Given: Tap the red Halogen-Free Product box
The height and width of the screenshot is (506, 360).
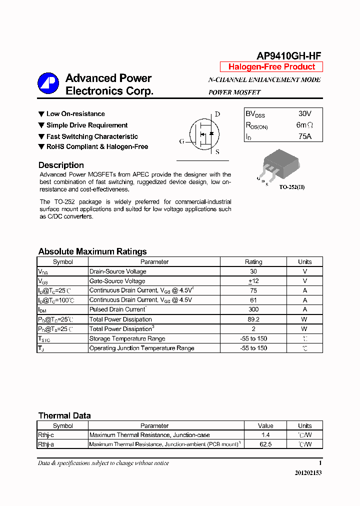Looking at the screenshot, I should tap(271, 67).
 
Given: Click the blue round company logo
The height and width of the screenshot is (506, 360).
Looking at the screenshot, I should tap(48, 84).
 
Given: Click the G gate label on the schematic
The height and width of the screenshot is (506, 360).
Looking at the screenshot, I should tap(181, 141).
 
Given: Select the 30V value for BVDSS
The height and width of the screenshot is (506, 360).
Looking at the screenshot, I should tap(304, 114).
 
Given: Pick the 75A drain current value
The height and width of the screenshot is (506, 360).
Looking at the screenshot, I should tap(304, 136).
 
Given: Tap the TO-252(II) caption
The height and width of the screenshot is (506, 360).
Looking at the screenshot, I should tap(291, 187).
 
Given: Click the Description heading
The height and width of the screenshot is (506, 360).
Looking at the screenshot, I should tap(61, 165).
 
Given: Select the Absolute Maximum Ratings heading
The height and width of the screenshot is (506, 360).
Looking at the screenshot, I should tap(92, 251).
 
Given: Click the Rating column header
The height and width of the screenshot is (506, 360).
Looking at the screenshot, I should tap(253, 262).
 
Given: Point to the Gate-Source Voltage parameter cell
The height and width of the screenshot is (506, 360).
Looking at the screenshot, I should tap(117, 281).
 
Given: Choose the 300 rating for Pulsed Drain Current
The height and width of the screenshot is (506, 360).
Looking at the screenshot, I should tap(253, 309).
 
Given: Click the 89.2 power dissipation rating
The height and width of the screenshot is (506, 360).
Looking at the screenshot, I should tap(253, 319).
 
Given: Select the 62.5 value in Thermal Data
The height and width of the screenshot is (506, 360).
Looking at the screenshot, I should tap(265, 444).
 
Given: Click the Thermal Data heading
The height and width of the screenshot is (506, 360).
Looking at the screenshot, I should tap(64, 415).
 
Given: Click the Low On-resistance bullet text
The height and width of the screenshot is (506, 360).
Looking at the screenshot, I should tap(75, 114).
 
